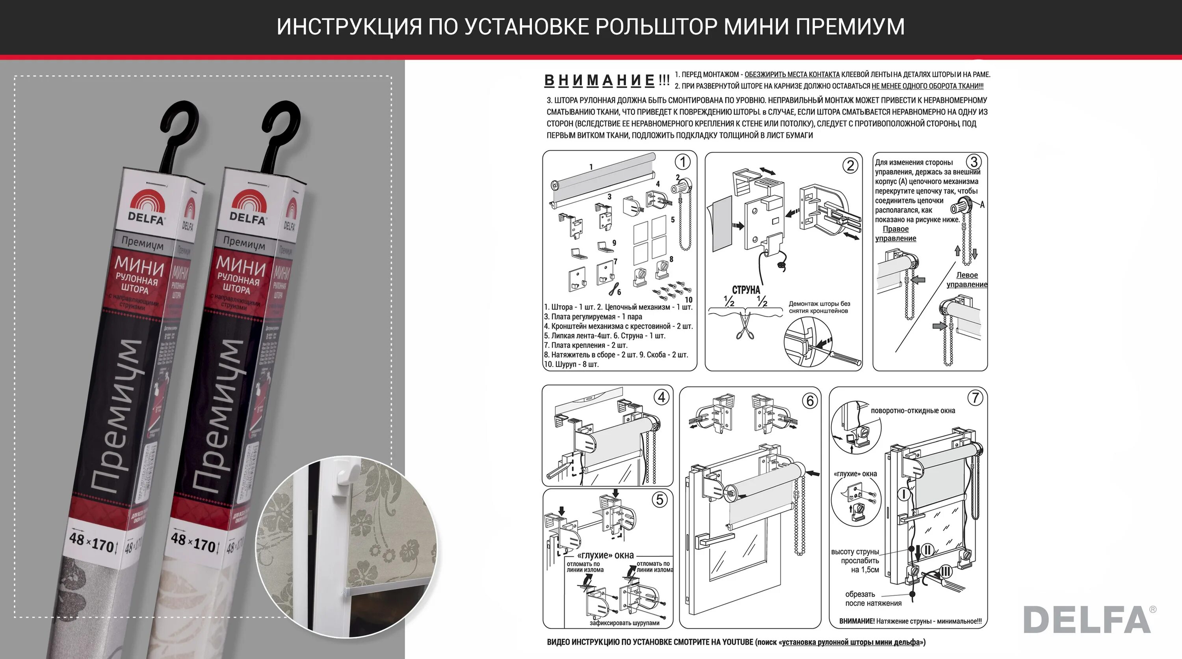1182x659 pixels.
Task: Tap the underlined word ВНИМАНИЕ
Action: (x=599, y=81)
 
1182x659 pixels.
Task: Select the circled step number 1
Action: (x=682, y=162)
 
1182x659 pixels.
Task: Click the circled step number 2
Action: (x=850, y=165)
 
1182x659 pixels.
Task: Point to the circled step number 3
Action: (x=973, y=162)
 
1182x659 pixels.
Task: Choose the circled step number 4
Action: (x=661, y=397)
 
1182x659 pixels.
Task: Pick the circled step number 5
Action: (x=660, y=500)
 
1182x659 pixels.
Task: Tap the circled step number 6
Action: (x=810, y=400)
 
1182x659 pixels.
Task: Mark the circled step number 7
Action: (x=975, y=398)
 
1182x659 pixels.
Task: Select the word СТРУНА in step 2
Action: (x=745, y=290)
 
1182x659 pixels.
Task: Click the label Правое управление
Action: (x=895, y=233)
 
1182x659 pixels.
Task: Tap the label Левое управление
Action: (x=967, y=280)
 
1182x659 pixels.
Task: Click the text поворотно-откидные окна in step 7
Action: (x=913, y=411)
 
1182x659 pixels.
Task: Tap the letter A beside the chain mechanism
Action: (x=982, y=204)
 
